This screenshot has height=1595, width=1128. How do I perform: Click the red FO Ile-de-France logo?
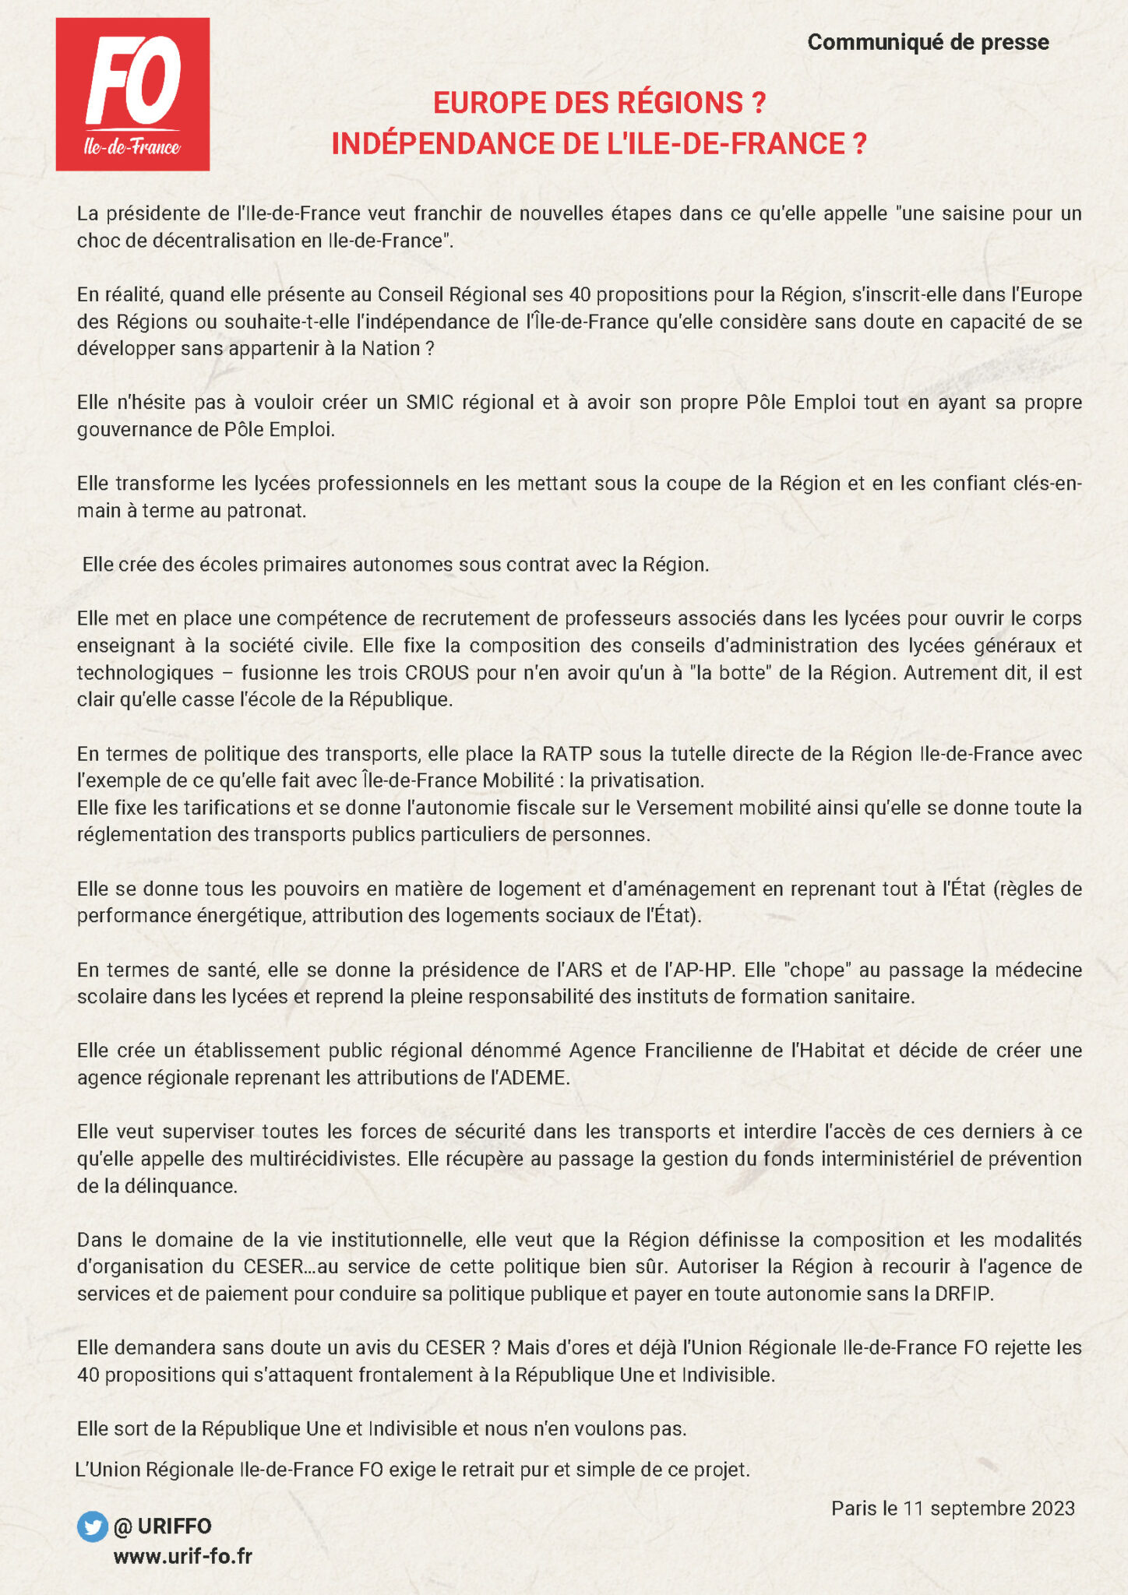pos(132,94)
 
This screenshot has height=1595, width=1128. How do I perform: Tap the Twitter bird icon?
pos(92,1526)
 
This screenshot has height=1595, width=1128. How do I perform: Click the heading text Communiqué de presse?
pos(928,42)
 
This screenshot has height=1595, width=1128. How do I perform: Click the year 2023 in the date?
pos(1053,1509)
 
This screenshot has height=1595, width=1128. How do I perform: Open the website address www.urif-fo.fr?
pos(183,1556)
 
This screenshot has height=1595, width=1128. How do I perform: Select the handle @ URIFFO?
pos(163,1526)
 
